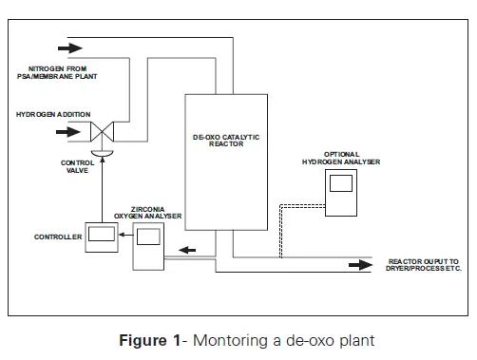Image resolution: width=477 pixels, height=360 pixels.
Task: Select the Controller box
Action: pyautogui.click(x=98, y=237)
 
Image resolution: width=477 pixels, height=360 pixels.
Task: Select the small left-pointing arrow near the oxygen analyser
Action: pyautogui.click(x=192, y=251)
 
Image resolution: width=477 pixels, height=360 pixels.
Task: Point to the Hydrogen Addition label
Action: pyautogui.click(x=45, y=113)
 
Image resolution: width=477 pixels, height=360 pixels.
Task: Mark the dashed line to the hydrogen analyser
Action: pyautogui.click(x=282, y=228)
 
